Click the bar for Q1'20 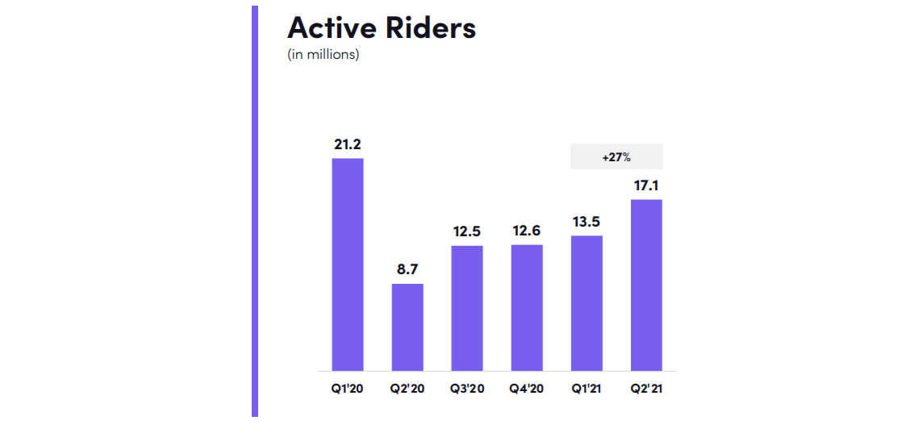pos(348,264)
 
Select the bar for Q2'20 pos(407,327)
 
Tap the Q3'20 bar pos(467,308)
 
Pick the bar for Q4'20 pos(527,308)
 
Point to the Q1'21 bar pos(586,303)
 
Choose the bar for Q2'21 pos(646,285)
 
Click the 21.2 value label pos(348,144)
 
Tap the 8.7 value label pos(407,270)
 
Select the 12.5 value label pos(467,231)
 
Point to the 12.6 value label pos(527,231)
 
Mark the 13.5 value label pos(586,222)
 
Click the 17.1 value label pos(646,186)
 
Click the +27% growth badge pos(616,156)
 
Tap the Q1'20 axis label pos(348,389)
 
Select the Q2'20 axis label pos(407,389)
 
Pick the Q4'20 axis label pos(527,389)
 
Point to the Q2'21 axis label pos(646,389)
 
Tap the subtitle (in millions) pos(323,56)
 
